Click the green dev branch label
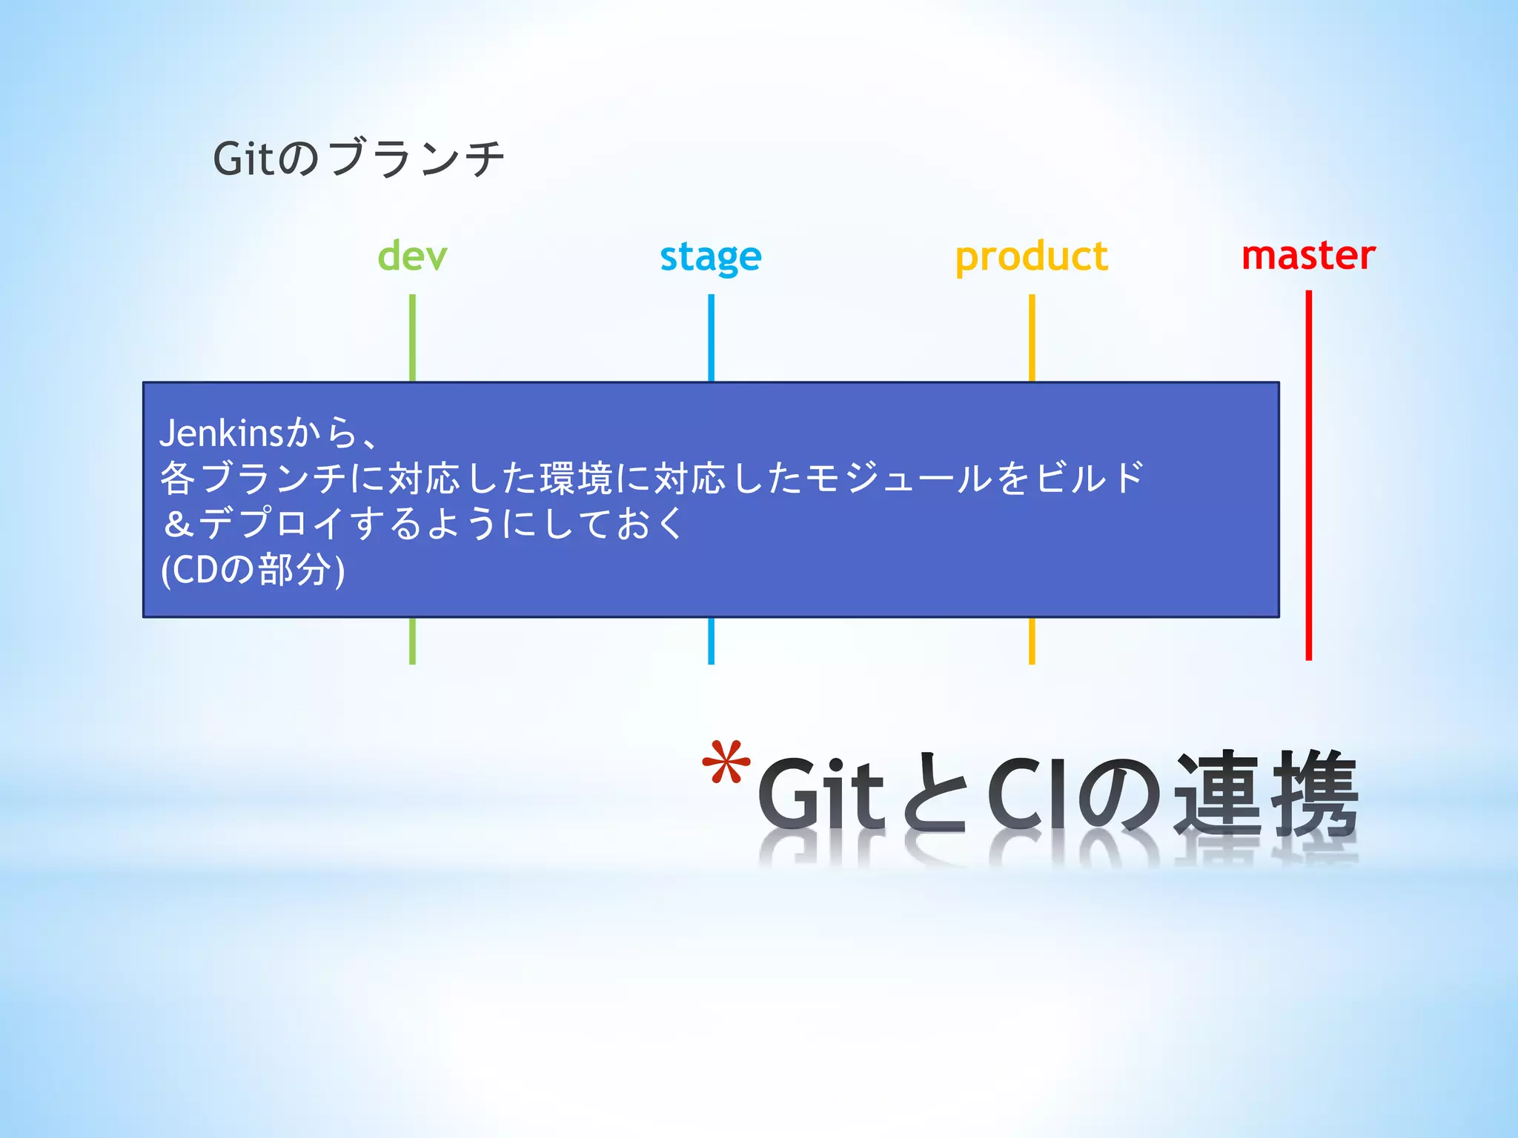(412, 256)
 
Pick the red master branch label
(1308, 256)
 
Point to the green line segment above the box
(412, 337)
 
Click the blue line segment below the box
(711, 641)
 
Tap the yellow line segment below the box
(1031, 641)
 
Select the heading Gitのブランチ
(359, 158)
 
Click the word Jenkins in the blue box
(221, 433)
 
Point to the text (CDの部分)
(253, 570)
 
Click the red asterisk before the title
(726, 763)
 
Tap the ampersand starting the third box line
(179, 525)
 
